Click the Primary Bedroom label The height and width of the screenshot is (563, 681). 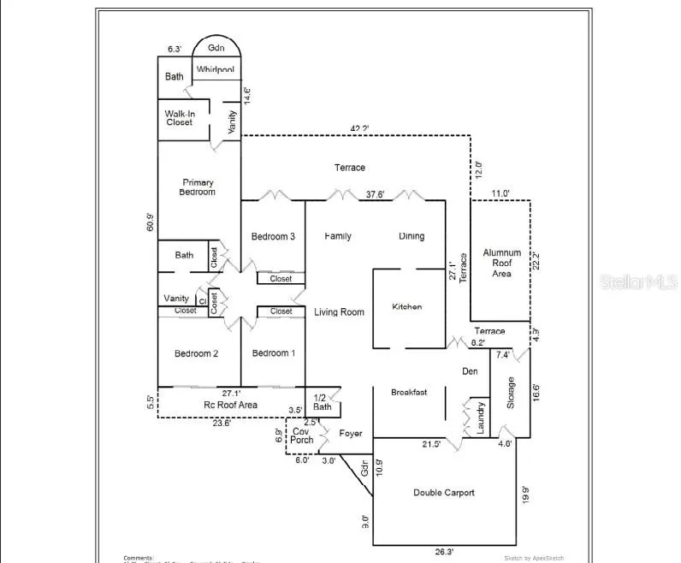pos(197,187)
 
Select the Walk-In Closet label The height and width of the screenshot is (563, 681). pos(180,118)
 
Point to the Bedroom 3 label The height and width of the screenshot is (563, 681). pos(274,237)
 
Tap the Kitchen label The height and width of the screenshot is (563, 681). pos(407,306)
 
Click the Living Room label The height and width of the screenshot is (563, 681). pos(339,312)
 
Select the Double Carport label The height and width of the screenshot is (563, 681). pos(444,493)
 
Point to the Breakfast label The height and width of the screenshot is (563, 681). pos(409,393)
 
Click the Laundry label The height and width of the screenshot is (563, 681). pos(480,417)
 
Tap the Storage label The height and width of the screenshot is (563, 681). pos(511,393)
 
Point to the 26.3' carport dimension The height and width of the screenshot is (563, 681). pos(444,552)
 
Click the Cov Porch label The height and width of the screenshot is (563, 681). pos(302,436)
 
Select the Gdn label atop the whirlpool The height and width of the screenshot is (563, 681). pos(215,49)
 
